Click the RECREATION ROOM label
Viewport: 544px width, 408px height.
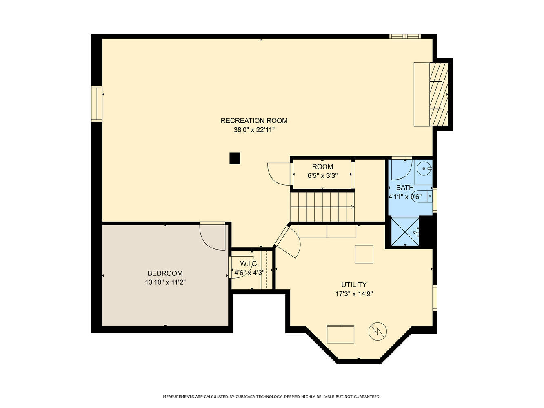[x=254, y=121]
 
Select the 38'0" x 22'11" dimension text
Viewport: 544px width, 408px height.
[x=254, y=130]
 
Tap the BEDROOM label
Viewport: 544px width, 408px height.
[x=165, y=273]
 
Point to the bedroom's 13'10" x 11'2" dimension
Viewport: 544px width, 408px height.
[x=165, y=282]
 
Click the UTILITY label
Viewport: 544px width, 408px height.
[x=354, y=285]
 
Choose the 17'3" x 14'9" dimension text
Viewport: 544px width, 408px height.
[x=354, y=294]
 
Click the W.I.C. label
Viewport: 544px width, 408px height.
[x=249, y=263]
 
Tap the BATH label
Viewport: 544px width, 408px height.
[x=405, y=188]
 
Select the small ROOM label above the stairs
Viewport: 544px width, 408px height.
[x=322, y=167]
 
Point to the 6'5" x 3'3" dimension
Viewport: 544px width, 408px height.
[x=322, y=175]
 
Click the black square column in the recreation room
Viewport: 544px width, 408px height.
[x=234, y=158]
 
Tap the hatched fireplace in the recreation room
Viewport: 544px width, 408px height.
[x=438, y=94]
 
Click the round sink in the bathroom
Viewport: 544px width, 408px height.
[x=424, y=169]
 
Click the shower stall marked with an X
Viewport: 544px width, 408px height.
[x=405, y=232]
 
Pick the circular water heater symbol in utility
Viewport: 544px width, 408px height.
[x=378, y=331]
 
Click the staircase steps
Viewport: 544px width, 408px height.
[x=322, y=207]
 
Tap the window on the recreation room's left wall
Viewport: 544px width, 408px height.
[x=97, y=104]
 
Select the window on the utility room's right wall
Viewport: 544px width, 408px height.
[x=435, y=298]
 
